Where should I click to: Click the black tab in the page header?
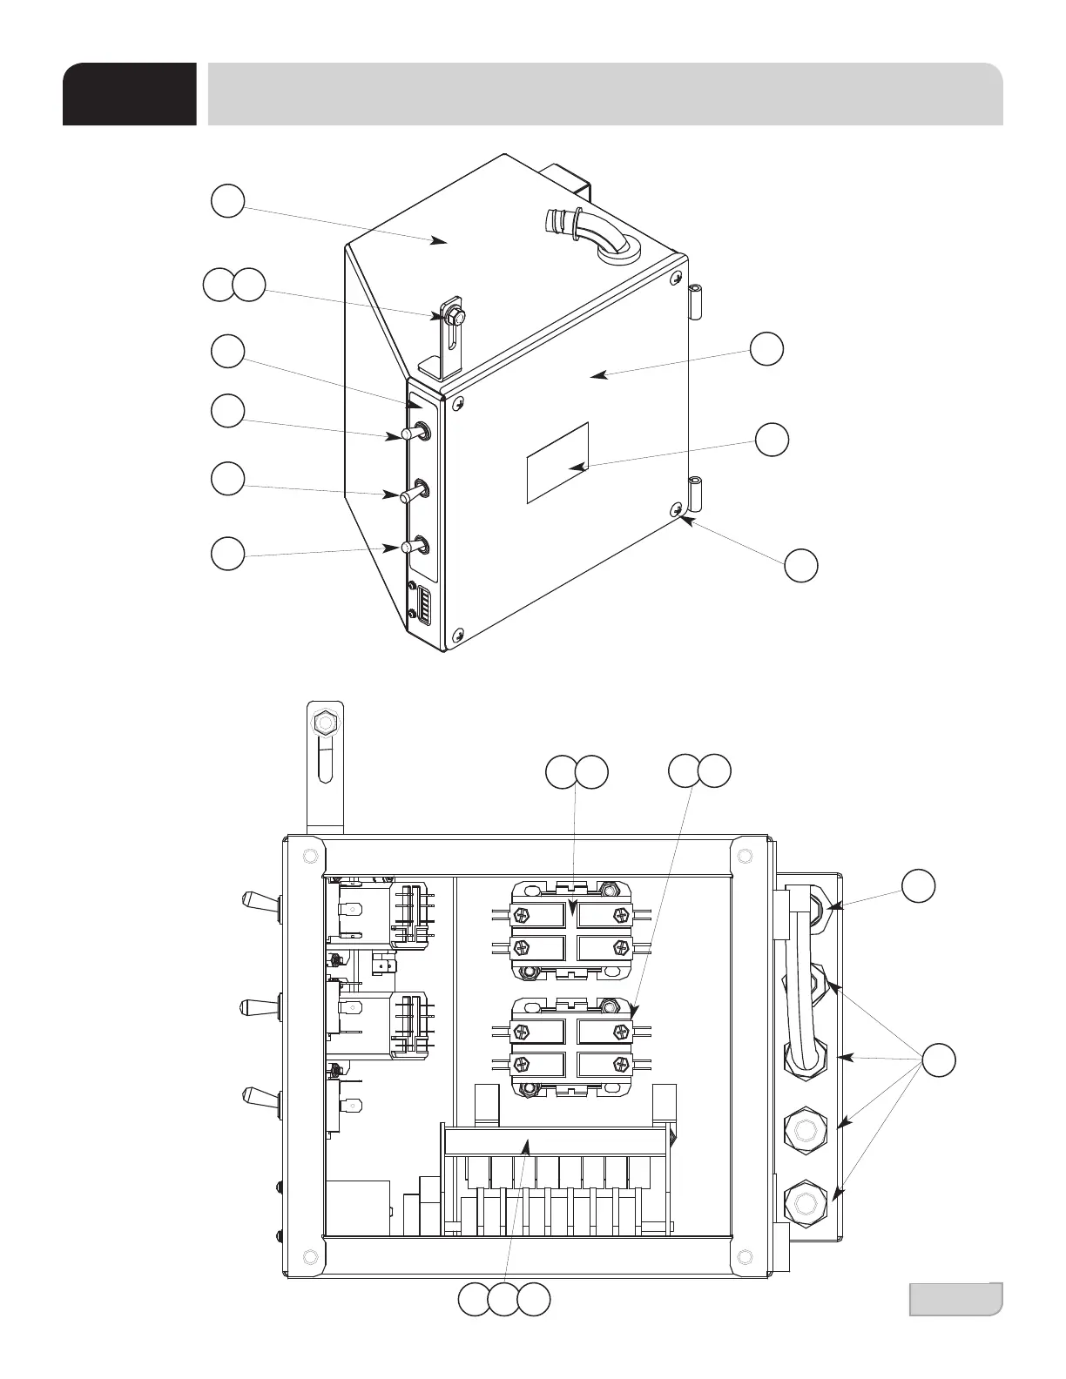click(x=129, y=94)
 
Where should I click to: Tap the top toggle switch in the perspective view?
click(x=415, y=432)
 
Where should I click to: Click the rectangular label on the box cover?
click(x=557, y=462)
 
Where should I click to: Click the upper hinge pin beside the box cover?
click(x=695, y=300)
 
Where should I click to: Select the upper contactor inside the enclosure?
click(x=570, y=931)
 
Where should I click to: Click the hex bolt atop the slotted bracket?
click(x=324, y=723)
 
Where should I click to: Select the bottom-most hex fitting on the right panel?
click(x=803, y=1205)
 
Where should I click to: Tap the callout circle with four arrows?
click(x=938, y=1060)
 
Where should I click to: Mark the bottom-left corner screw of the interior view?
click(x=308, y=1255)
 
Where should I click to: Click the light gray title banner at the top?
click(x=604, y=94)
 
